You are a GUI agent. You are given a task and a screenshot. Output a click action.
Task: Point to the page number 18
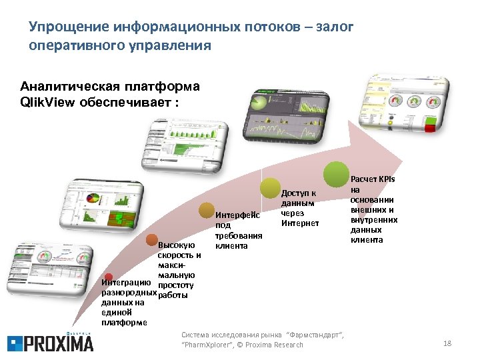(447, 343)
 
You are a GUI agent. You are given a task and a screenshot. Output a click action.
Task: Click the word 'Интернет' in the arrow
(300, 223)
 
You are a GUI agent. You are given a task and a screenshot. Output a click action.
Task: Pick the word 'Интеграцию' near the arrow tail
(124, 283)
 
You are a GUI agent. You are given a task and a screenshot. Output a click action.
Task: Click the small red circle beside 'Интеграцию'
(108, 276)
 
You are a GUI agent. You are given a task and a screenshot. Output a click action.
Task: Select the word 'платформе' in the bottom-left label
(125, 322)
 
